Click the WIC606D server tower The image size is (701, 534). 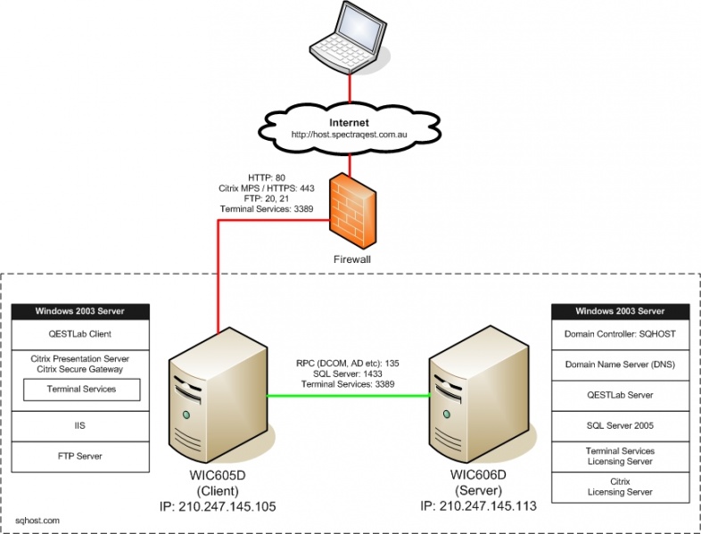tap(469, 396)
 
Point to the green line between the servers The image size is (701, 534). tap(348, 395)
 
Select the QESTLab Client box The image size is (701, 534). tap(79, 335)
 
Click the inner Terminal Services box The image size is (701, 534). tap(81, 389)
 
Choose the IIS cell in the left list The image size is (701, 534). tap(79, 426)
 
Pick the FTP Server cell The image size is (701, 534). tap(79, 456)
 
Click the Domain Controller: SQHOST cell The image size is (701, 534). tap(621, 335)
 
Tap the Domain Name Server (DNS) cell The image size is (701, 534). tap(621, 365)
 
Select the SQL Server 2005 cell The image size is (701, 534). tap(621, 425)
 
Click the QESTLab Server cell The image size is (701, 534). tap(621, 395)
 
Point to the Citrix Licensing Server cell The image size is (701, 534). tap(621, 486)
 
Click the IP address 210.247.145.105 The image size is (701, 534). tap(217, 506)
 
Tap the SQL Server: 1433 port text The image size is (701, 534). tap(348, 374)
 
